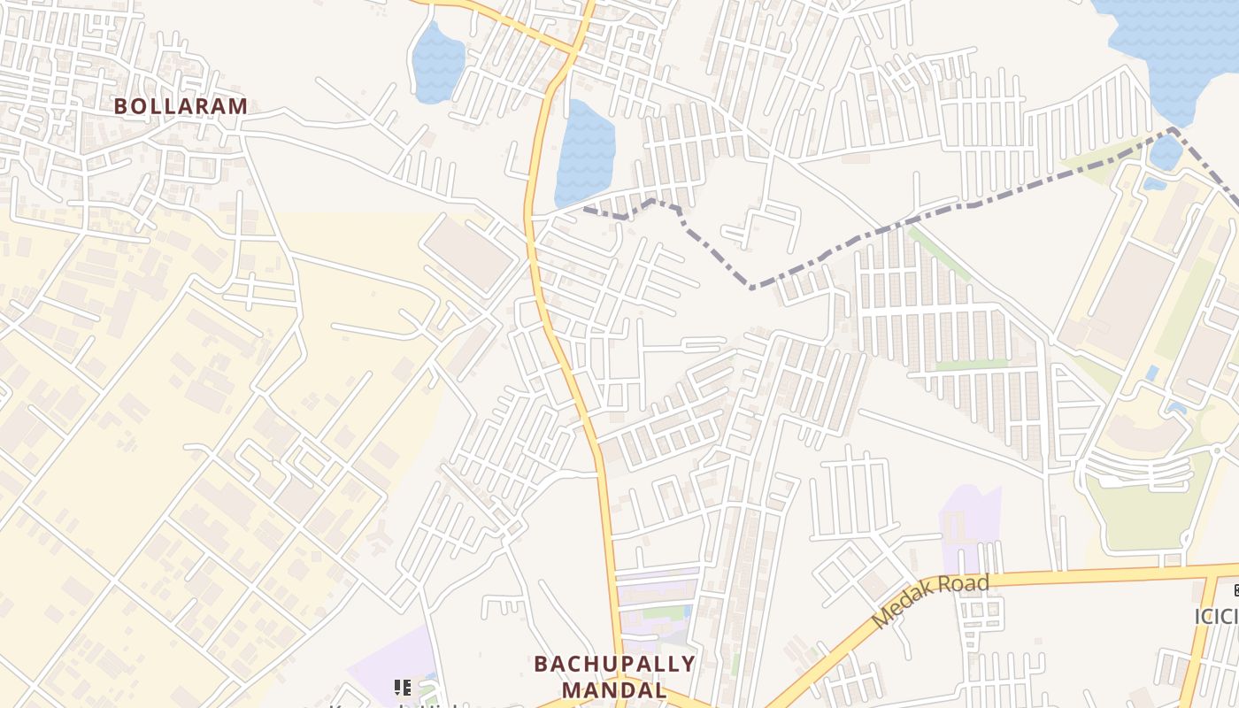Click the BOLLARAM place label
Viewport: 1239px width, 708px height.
pyautogui.click(x=181, y=106)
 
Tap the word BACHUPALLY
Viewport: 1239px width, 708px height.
pyautogui.click(x=613, y=664)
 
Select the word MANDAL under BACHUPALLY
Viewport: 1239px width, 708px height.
pyautogui.click(x=613, y=689)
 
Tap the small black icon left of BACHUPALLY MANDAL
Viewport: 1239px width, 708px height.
pyautogui.click(x=403, y=687)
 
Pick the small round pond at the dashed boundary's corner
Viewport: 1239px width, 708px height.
pyautogui.click(x=1166, y=152)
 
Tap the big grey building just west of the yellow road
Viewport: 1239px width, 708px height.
pyautogui.click(x=469, y=253)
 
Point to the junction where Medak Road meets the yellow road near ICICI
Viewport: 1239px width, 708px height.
pyautogui.click(x=1208, y=575)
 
